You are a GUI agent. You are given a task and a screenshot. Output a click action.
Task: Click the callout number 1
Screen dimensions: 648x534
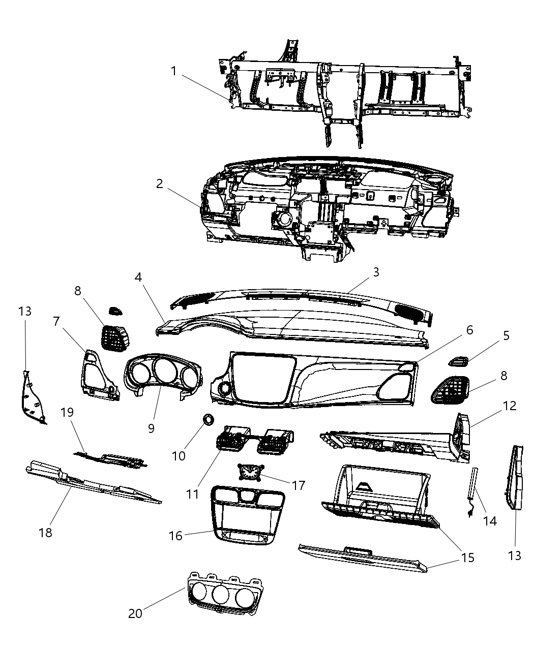coord(173,71)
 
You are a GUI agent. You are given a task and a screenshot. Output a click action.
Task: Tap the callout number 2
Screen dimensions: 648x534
coord(160,184)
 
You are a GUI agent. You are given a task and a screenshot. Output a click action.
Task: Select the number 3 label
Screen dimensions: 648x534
coord(376,272)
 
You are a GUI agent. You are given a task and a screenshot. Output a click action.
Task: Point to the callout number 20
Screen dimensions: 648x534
coord(135,613)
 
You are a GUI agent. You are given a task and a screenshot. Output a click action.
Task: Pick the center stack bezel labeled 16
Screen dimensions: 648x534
coord(248,513)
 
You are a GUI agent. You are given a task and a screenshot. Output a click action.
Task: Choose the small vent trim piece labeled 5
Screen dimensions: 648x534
coord(459,361)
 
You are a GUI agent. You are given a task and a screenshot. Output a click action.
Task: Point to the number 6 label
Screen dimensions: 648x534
coord(469,330)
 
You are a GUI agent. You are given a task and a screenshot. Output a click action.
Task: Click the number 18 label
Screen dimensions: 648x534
coord(45,532)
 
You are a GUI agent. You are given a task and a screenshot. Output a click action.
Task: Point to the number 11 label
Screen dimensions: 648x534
coord(192,493)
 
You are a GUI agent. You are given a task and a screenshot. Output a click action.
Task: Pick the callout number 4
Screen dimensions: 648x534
coord(138,277)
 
